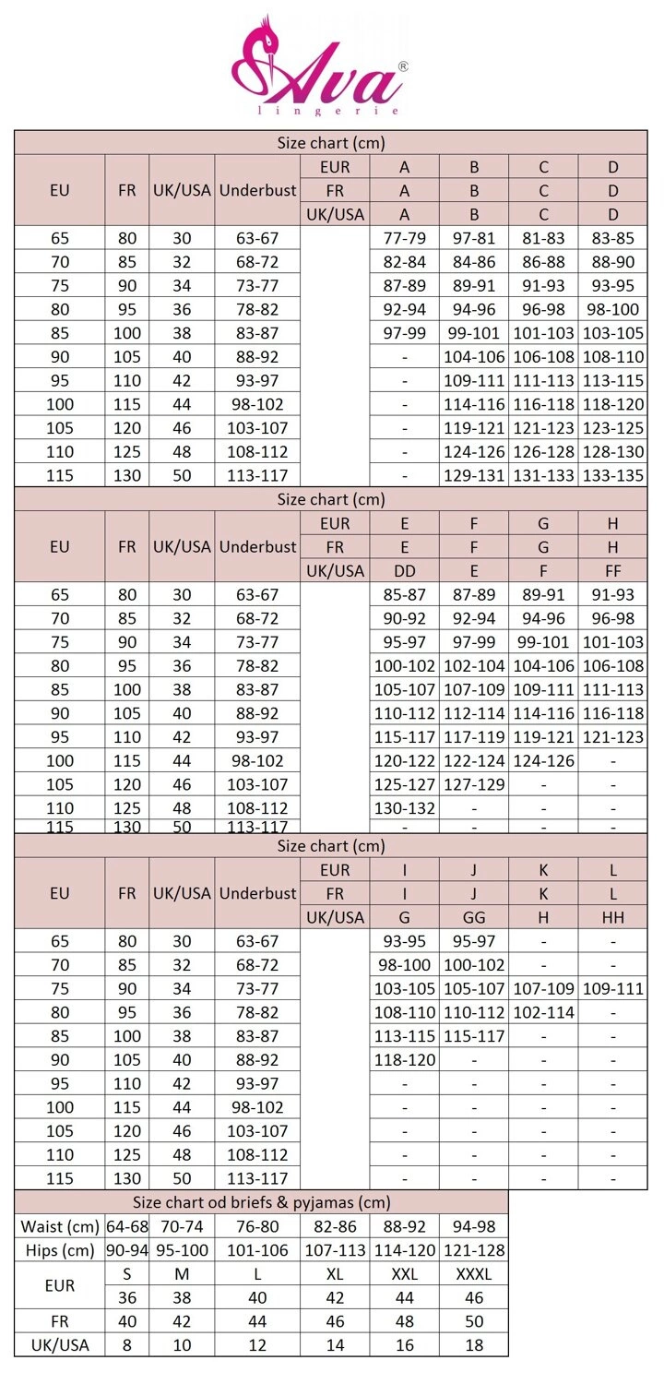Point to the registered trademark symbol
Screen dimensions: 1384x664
403,66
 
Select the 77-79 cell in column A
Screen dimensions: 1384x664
404,238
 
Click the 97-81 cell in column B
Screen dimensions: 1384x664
474,238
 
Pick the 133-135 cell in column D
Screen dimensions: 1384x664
613,475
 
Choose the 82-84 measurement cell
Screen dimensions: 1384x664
404,262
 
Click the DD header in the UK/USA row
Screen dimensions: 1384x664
404,571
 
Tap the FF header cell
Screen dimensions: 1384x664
613,571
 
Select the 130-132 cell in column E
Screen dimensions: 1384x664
404,808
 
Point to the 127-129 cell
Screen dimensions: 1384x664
474,784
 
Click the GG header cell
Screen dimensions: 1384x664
474,917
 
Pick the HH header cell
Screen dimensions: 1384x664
613,917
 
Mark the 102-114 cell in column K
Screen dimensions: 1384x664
543,1012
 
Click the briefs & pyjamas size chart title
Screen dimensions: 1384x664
261,1202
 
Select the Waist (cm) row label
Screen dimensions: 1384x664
59,1226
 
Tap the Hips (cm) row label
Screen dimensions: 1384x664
59,1250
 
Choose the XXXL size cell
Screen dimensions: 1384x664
474,1274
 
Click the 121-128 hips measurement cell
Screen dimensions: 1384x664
474,1250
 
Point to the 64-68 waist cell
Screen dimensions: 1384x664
127,1226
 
